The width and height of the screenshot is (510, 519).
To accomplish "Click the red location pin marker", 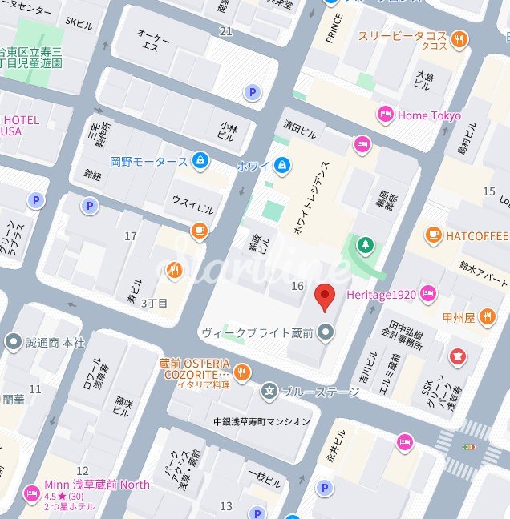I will pos(324,296).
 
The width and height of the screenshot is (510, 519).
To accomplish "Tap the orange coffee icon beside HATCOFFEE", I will pos(434,235).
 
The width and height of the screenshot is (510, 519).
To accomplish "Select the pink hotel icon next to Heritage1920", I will pos(429,294).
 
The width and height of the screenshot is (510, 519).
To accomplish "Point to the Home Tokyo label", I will pos(429,115).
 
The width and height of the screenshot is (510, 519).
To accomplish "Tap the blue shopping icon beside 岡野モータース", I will pos(200,161).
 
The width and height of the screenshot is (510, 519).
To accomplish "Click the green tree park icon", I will pos(366,244).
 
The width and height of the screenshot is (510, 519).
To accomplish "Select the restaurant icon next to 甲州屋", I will pos(488,316).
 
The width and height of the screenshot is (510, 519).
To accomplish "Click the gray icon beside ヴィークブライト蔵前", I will pos(325,332).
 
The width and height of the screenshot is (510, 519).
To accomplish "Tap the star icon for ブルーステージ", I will pos(269,391).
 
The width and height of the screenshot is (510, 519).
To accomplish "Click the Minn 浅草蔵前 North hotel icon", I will pos(32,492).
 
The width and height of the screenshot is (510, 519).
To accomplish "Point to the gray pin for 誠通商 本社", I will pos(13,342).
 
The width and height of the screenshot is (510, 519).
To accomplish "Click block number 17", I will pos(131,236).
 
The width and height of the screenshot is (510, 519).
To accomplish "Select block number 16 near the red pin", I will pos(297,286).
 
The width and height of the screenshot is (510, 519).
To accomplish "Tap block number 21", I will pos(225,31).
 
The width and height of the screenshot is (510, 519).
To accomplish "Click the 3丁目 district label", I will pos(154,304).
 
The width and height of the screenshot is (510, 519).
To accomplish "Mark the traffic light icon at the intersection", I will pos(469,446).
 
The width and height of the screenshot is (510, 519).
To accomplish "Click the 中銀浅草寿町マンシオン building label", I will pos(261,421).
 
